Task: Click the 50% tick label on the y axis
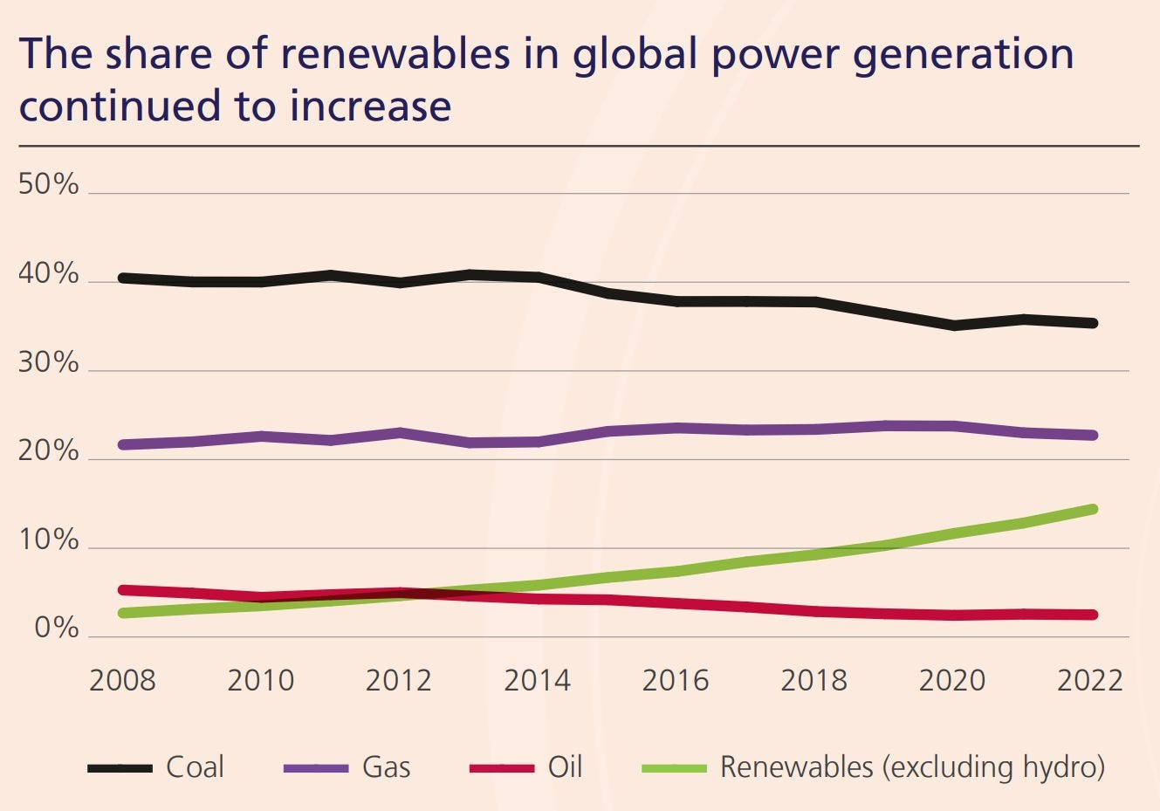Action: [48, 185]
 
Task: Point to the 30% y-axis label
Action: [48, 363]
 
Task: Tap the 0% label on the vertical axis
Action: [57, 629]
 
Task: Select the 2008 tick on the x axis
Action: [122, 680]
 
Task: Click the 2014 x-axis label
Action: [537, 680]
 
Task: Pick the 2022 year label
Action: [1089, 680]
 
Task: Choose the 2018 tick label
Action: [813, 680]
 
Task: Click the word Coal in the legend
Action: [195, 767]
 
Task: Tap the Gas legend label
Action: [386, 767]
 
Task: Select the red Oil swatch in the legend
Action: [501, 768]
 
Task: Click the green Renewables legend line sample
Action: [673, 768]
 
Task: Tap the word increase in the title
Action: [370, 106]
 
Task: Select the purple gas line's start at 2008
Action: [123, 444]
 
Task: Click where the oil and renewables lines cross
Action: [417, 595]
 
